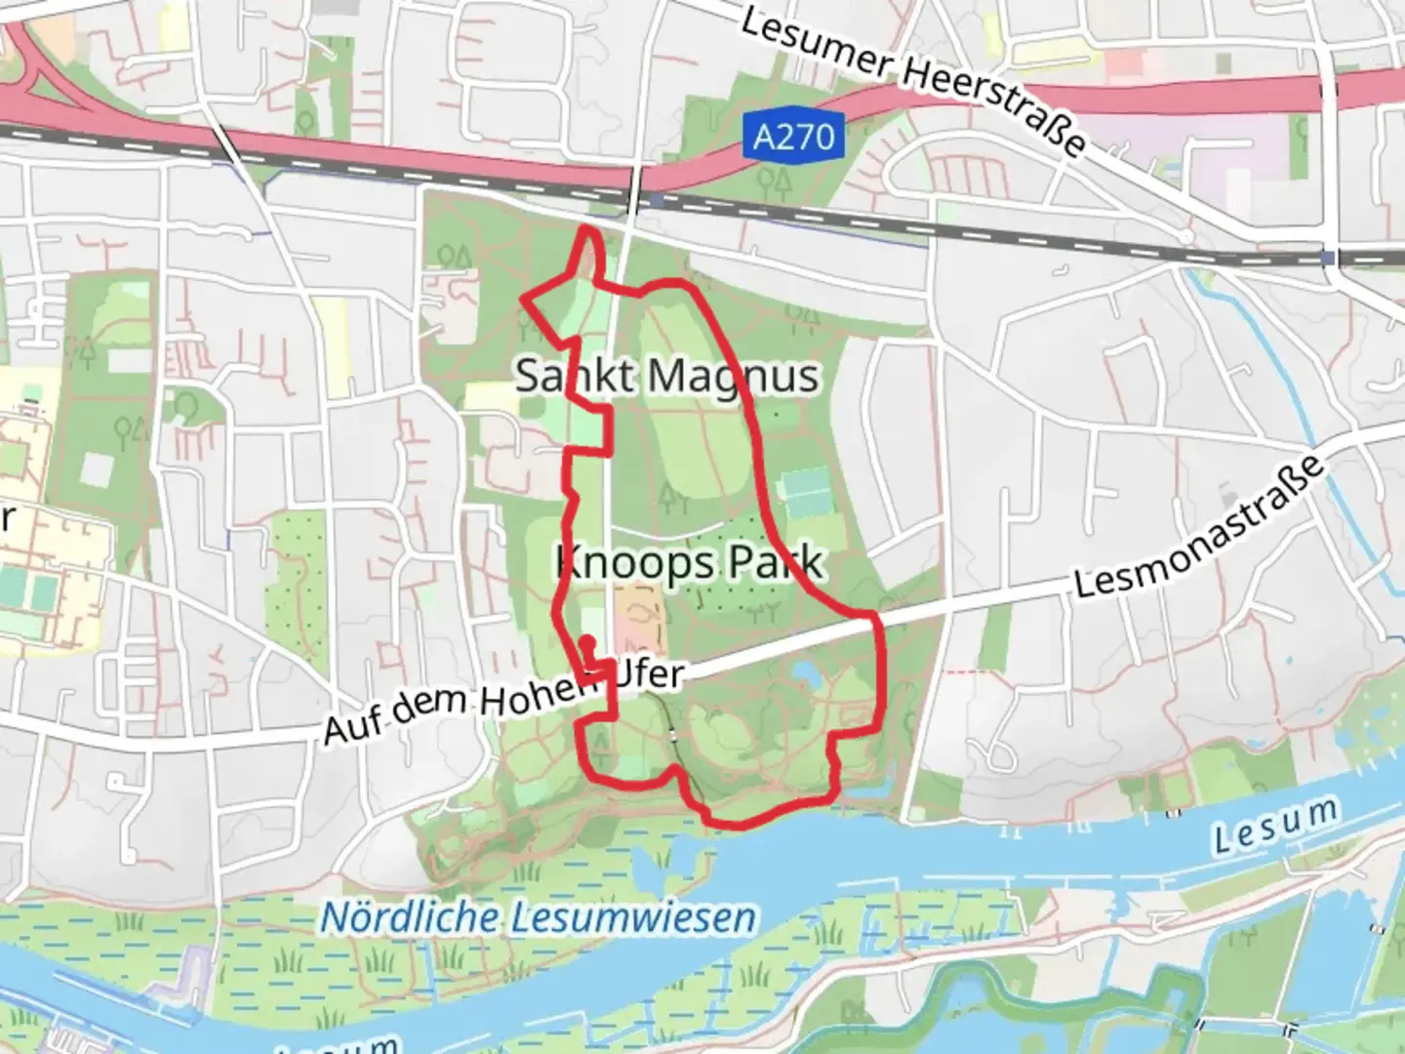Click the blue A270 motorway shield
coord(795,137)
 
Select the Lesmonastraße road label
coord(1200,528)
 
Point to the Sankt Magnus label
coord(667,376)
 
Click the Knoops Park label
coord(689,563)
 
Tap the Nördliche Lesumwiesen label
coord(539,917)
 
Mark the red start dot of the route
coord(587,641)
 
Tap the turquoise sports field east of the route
coord(806,493)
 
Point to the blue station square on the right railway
coord(1328,258)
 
